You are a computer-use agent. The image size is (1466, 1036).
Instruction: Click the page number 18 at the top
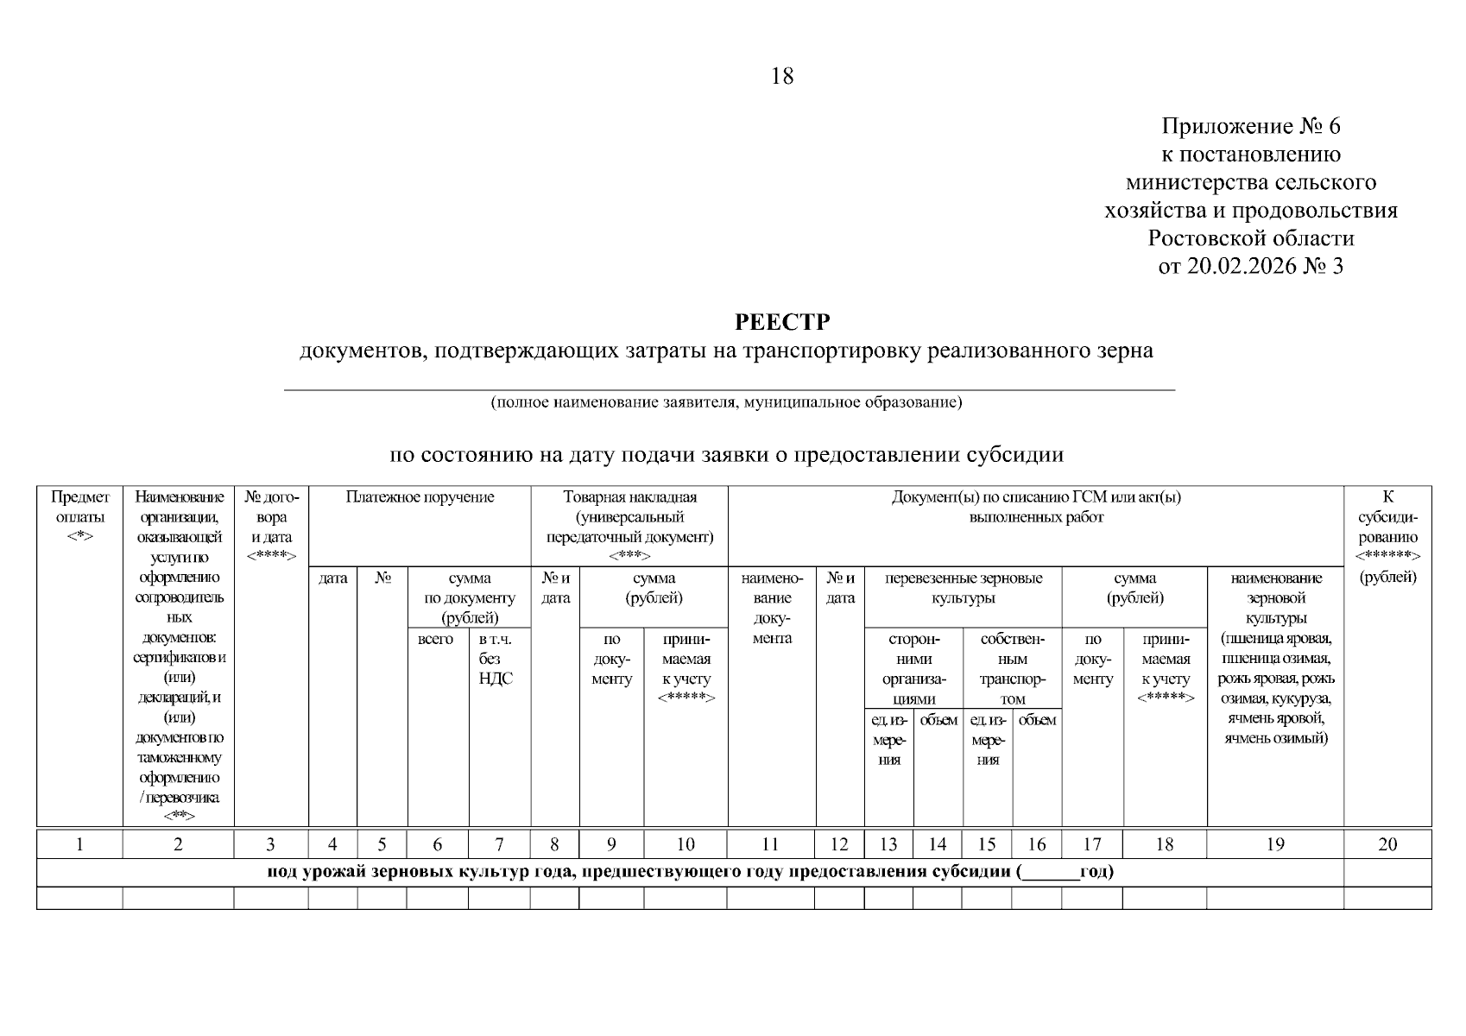pos(781,77)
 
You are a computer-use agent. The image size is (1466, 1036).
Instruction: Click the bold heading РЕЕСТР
pos(782,323)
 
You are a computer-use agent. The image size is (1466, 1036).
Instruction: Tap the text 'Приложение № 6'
pos(1251,127)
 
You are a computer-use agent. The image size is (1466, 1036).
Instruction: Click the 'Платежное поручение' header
pos(420,497)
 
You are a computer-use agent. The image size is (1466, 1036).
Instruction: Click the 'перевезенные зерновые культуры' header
pos(964,588)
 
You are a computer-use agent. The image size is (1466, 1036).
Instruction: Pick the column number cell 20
pos(1387,844)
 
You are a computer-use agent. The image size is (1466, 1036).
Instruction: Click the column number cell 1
pos(79,844)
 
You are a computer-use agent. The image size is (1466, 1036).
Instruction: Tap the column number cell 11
pos(771,844)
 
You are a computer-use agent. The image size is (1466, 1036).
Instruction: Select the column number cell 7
pos(499,844)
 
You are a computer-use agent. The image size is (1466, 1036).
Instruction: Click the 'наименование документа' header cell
pos(772,609)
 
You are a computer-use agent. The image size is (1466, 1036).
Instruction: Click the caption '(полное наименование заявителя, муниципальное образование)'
pos(725,402)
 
